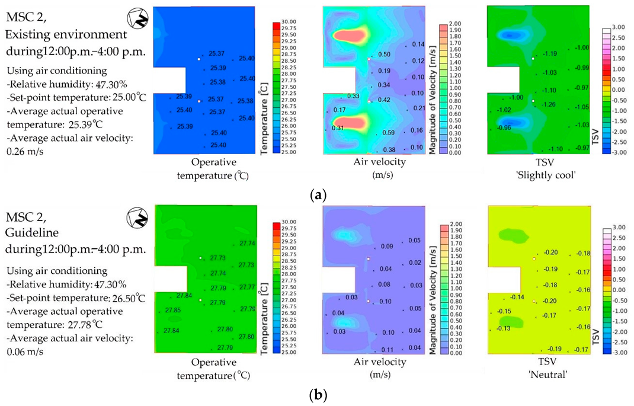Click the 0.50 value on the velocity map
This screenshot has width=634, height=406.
(x=384, y=55)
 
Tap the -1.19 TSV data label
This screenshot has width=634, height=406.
(x=549, y=54)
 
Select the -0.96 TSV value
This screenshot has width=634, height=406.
(x=502, y=127)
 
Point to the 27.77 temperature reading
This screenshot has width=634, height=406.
(x=247, y=287)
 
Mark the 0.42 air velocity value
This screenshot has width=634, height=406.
(x=384, y=100)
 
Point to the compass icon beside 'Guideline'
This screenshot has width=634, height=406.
(x=138, y=218)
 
